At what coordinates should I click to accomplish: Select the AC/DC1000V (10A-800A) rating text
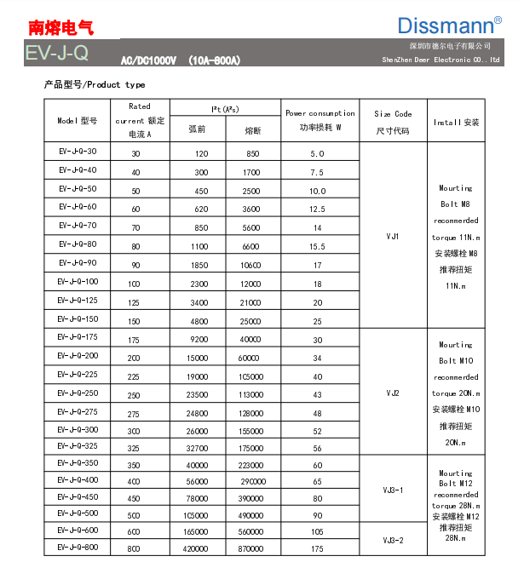(x=181, y=60)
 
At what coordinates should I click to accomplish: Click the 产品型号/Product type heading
(x=95, y=85)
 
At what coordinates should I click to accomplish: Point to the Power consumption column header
(x=320, y=120)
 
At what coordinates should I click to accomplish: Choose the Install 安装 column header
(x=457, y=123)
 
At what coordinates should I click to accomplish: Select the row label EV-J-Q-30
(x=78, y=152)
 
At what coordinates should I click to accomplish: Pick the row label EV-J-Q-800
(x=78, y=548)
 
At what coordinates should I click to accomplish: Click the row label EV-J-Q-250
(x=78, y=393)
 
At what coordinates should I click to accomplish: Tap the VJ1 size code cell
(x=393, y=236)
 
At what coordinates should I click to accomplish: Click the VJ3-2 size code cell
(x=393, y=541)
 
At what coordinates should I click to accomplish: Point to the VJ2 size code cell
(x=393, y=393)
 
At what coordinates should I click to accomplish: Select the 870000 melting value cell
(x=253, y=549)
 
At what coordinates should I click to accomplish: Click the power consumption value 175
(x=318, y=549)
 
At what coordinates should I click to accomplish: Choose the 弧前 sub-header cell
(x=196, y=130)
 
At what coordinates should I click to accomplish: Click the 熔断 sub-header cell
(x=253, y=130)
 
